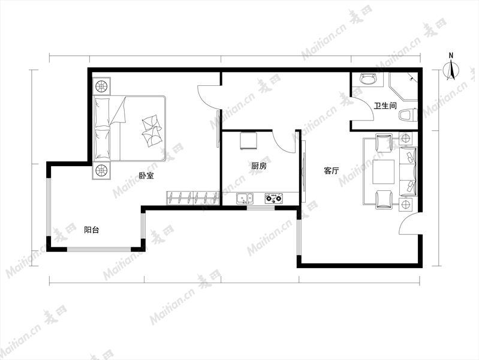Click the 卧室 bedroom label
pyautogui.click(x=146, y=176)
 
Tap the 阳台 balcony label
pyautogui.click(x=91, y=230)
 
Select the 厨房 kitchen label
pyautogui.click(x=259, y=166)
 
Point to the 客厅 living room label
pyautogui.click(x=331, y=170)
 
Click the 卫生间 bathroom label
pyautogui.click(x=385, y=106)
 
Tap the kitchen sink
pyautogui.click(x=245, y=199)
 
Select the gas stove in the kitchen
pyautogui.click(x=274, y=199)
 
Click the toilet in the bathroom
pyautogui.click(x=408, y=115)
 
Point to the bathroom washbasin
pyautogui.click(x=369, y=79)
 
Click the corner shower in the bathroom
pyautogui.click(x=403, y=86)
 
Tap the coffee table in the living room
pyautogui.click(x=384, y=172)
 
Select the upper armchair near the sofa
pyautogui.click(x=384, y=143)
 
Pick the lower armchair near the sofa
pyautogui.click(x=384, y=199)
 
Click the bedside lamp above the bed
pyautogui.click(x=101, y=86)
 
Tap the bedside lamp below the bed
pyautogui.click(x=101, y=170)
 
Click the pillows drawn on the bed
pyautogui.click(x=152, y=131)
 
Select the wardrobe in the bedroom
pyautogui.click(x=193, y=198)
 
